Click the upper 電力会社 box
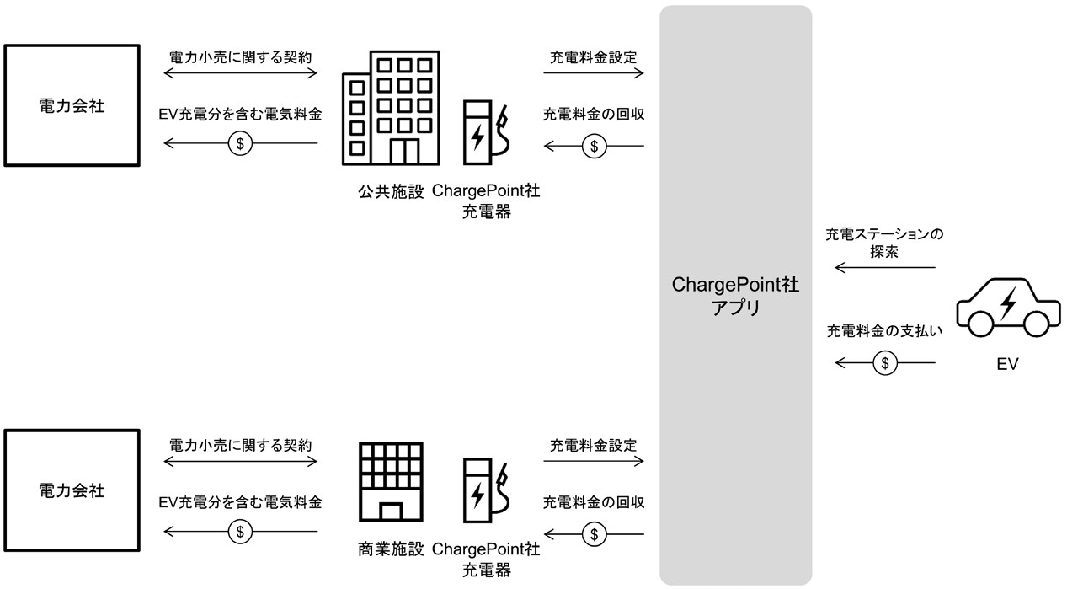[x=72, y=106]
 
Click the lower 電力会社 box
[x=72, y=490]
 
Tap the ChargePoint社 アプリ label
[x=735, y=296]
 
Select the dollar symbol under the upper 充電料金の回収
[x=594, y=147]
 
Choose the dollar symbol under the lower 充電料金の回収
[x=594, y=534]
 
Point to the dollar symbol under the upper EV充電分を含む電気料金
[x=240, y=144]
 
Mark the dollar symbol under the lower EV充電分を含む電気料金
[x=240, y=532]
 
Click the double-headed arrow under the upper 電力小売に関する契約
[x=240, y=74]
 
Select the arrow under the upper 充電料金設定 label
[x=594, y=74]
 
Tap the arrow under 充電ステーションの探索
[x=884, y=268]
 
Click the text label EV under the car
[x=1007, y=365]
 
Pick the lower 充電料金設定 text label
[x=594, y=444]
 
